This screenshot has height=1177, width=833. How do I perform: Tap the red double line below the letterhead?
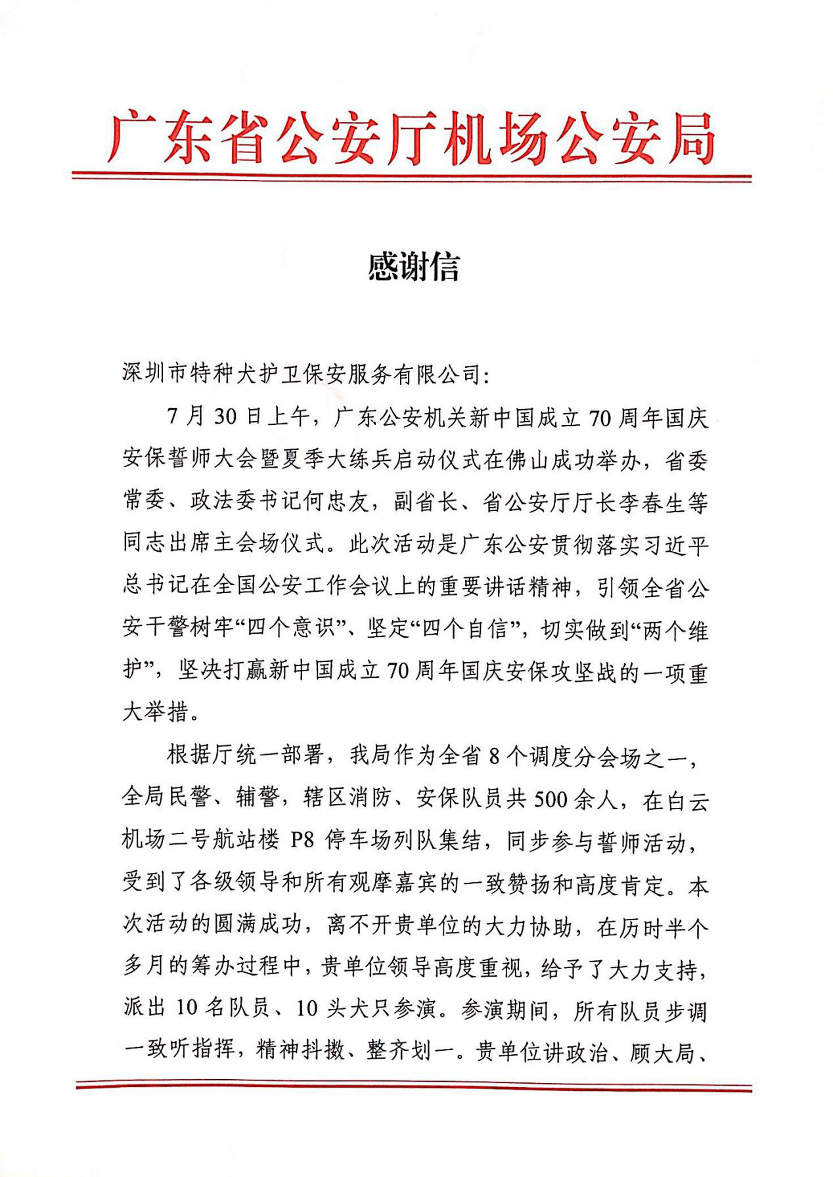coord(411,176)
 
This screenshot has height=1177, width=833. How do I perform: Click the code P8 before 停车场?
coord(303,841)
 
